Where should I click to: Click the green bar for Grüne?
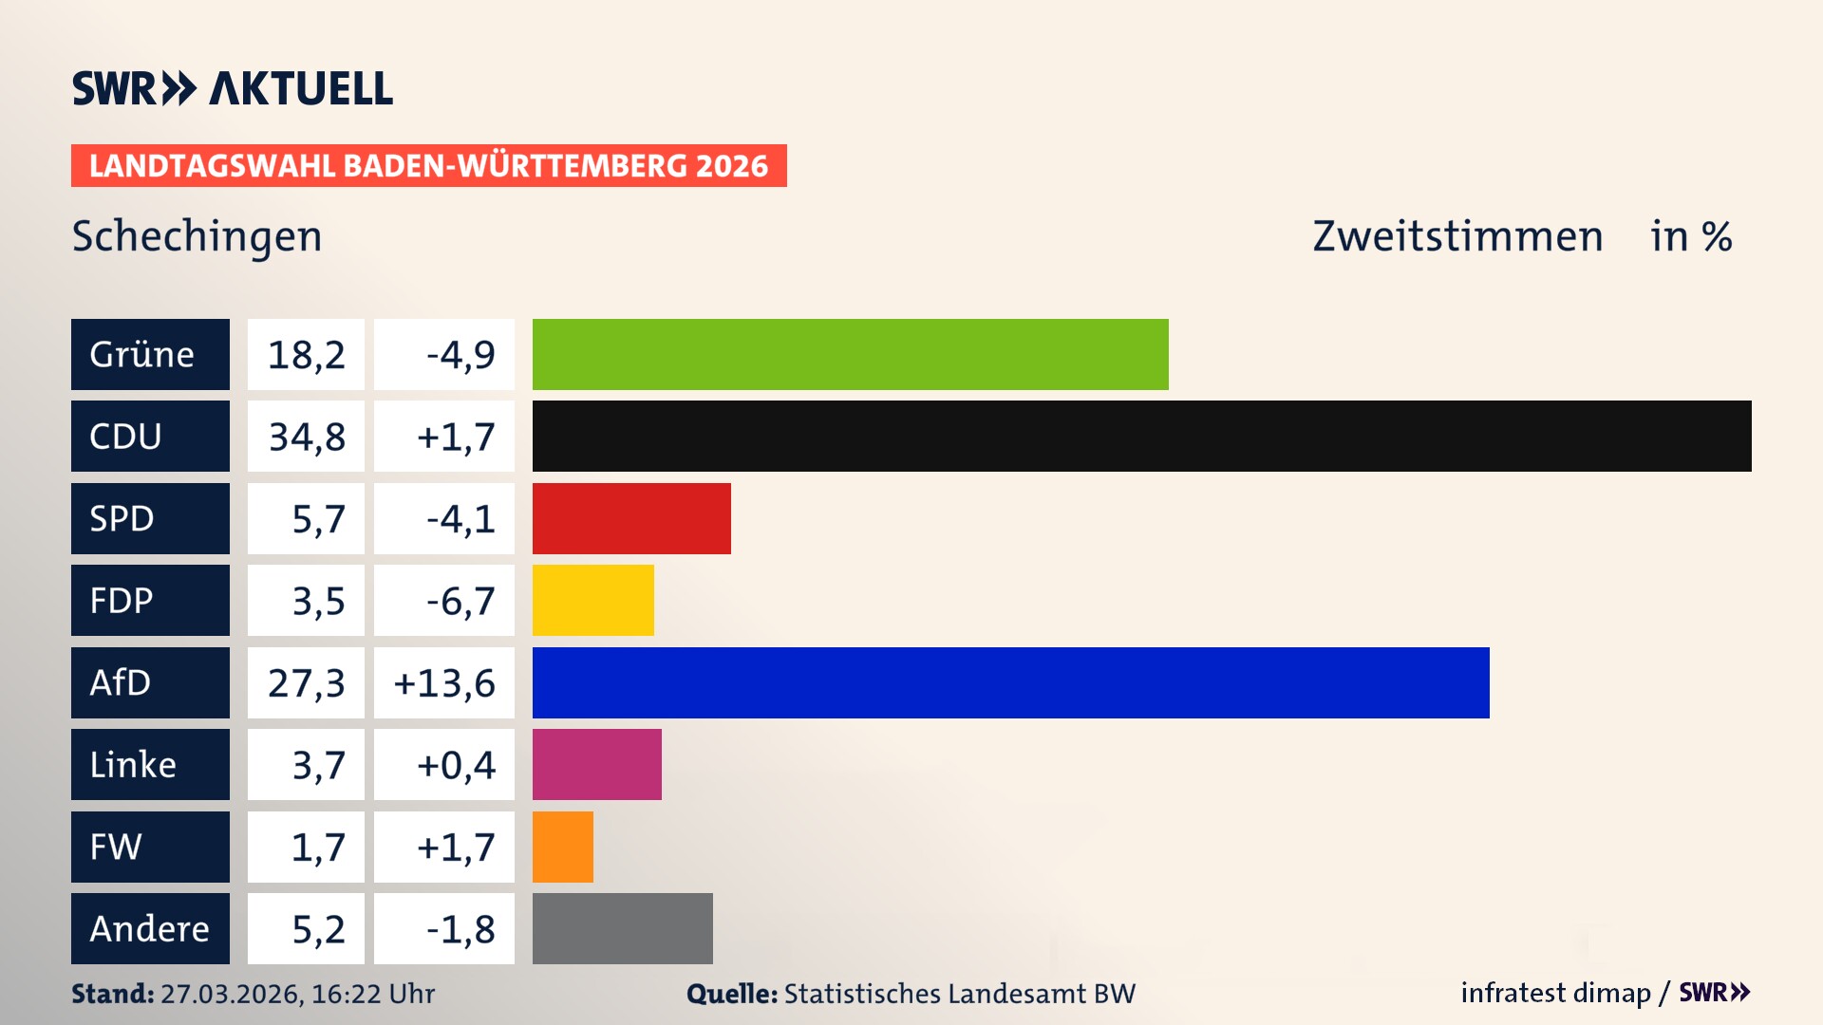[x=850, y=354]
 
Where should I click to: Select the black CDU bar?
[x=1141, y=437]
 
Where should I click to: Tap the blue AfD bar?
[x=1010, y=682]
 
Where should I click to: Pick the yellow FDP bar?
[x=592, y=601]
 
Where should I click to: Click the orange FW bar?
[x=562, y=847]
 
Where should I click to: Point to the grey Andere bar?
[x=622, y=928]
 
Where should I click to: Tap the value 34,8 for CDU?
[x=306, y=437]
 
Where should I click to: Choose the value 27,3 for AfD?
[x=306, y=682]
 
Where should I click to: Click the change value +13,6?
[x=444, y=682]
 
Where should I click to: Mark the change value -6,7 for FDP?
[x=460, y=601]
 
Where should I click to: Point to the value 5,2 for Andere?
[x=318, y=928]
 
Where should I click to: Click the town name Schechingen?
[x=197, y=236]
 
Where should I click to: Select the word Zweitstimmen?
[x=1457, y=236]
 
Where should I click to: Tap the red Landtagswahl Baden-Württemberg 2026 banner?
[x=428, y=166]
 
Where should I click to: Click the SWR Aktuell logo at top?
[x=232, y=88]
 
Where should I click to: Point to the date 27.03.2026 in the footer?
[x=231, y=994]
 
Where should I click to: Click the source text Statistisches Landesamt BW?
[x=959, y=994]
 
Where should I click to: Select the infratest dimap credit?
[x=1554, y=993]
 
